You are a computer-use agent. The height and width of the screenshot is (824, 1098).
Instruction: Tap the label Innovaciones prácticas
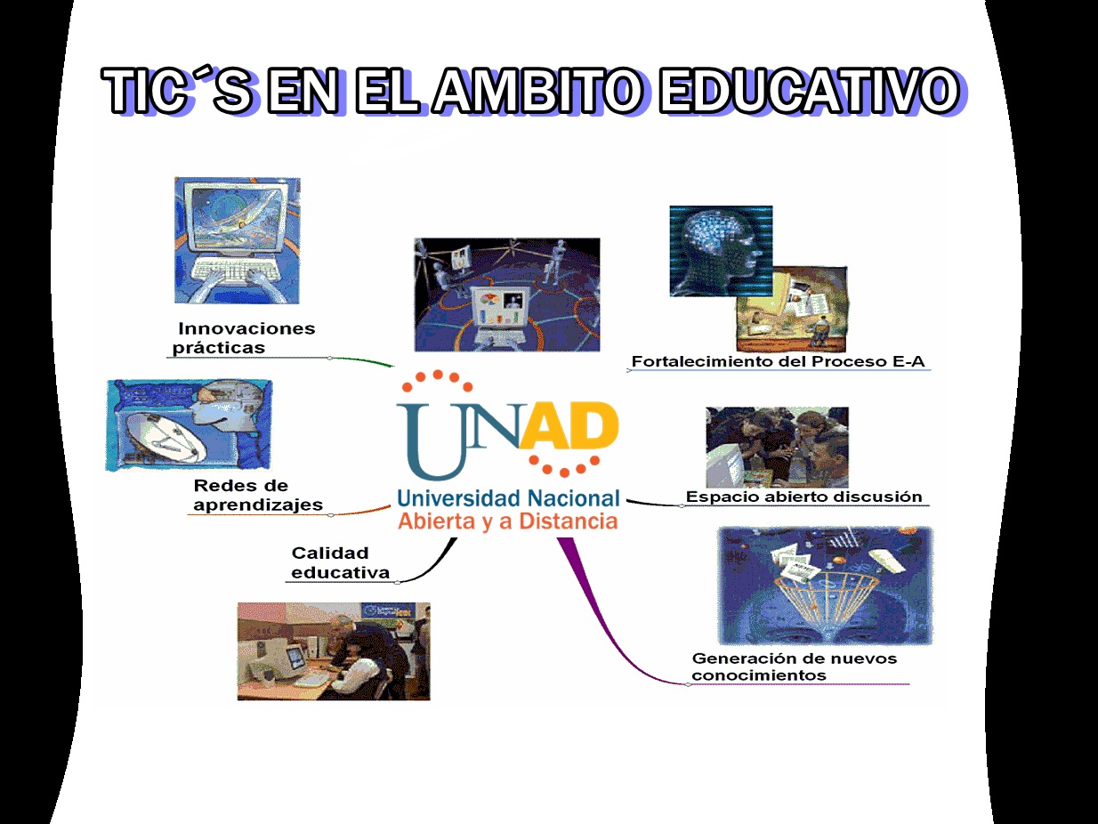coord(244,338)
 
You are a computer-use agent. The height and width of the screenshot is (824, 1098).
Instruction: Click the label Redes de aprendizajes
coord(258,495)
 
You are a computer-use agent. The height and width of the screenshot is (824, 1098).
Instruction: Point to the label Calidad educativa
coord(340,563)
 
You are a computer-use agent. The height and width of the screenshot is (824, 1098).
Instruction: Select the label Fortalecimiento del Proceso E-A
coord(778,361)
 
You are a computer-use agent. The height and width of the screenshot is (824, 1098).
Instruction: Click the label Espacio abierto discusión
coord(803,497)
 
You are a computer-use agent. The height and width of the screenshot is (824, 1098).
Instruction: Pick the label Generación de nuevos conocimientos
coord(795,666)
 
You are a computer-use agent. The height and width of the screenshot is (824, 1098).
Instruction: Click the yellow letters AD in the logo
coord(569,425)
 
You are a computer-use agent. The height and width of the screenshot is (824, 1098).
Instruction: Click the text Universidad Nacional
coord(508,499)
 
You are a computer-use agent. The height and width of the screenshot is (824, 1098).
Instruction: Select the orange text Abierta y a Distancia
coord(508,521)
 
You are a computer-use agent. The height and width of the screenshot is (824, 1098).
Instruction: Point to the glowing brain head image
coord(721,251)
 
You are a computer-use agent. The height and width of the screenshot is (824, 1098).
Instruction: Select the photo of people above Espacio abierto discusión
coord(777,448)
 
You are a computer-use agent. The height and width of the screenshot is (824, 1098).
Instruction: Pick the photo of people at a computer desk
coord(334,651)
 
